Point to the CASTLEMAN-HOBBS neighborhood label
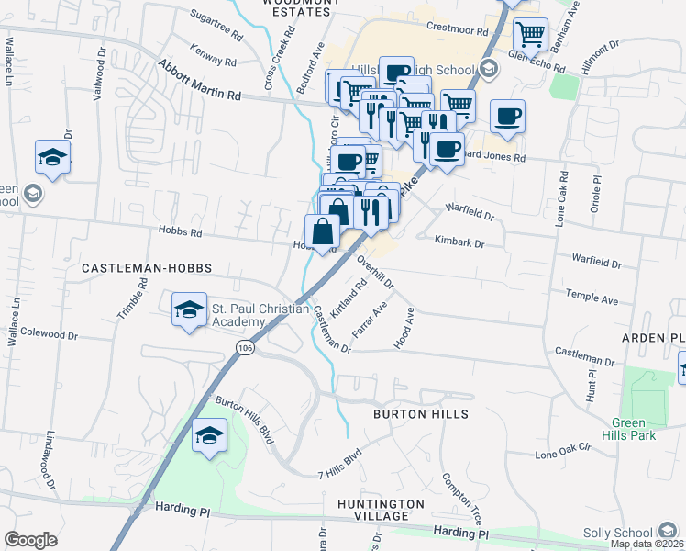(147, 268)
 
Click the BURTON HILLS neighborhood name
(421, 414)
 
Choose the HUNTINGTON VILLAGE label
(381, 511)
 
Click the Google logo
(30, 540)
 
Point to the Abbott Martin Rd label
(199, 81)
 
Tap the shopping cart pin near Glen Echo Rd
(530, 35)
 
